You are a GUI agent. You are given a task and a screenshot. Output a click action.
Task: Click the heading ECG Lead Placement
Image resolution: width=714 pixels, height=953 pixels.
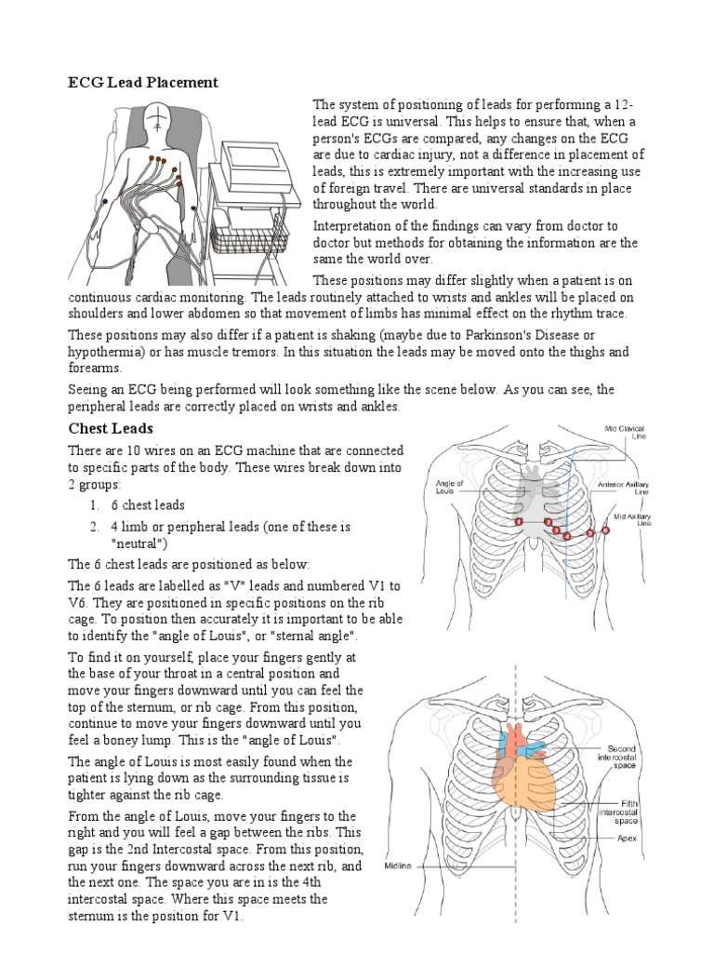click(143, 83)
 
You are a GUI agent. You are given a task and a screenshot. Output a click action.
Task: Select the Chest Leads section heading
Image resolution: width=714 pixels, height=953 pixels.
click(112, 429)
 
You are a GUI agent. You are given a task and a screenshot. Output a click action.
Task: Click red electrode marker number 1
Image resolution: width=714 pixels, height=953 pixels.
click(519, 523)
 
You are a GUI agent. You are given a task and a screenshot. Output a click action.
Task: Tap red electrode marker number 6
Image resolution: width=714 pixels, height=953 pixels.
click(605, 530)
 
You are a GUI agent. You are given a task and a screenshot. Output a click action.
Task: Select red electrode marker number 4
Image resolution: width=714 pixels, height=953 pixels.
click(567, 537)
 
